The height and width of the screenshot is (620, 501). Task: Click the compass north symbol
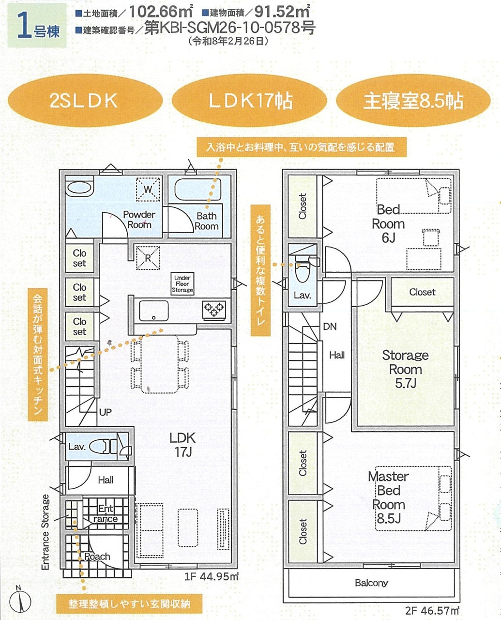click(x=20, y=601)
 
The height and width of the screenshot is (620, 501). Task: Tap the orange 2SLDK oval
click(x=85, y=101)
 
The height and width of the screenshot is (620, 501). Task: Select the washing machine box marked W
click(x=148, y=189)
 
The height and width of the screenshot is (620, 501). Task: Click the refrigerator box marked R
click(x=148, y=258)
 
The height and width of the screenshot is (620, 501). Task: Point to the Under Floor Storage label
click(x=182, y=284)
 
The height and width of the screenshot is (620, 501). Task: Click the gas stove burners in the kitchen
click(x=214, y=309)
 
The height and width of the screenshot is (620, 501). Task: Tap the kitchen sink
click(x=153, y=311)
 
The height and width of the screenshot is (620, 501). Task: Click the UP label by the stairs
click(x=106, y=412)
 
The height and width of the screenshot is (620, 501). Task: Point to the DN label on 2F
click(x=330, y=326)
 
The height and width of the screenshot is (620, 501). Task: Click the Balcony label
click(x=372, y=583)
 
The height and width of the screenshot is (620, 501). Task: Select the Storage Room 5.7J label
click(x=405, y=369)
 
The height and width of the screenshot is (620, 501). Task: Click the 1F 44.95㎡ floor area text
click(x=212, y=576)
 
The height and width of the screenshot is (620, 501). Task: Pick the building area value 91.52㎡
click(x=282, y=12)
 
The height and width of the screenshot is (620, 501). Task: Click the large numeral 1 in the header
click(x=24, y=26)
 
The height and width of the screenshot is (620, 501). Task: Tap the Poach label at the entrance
click(x=97, y=557)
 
